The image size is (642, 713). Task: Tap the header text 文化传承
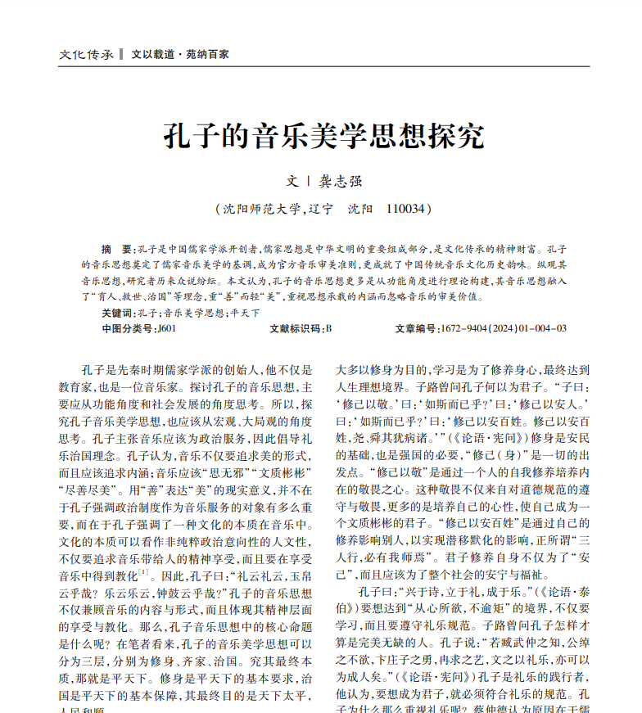[x=85, y=54]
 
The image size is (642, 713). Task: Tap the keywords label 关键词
[x=117, y=313]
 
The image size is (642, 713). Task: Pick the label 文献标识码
[x=296, y=328]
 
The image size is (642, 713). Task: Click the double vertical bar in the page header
[x=120, y=54]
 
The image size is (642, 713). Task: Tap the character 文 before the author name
[x=292, y=182]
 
